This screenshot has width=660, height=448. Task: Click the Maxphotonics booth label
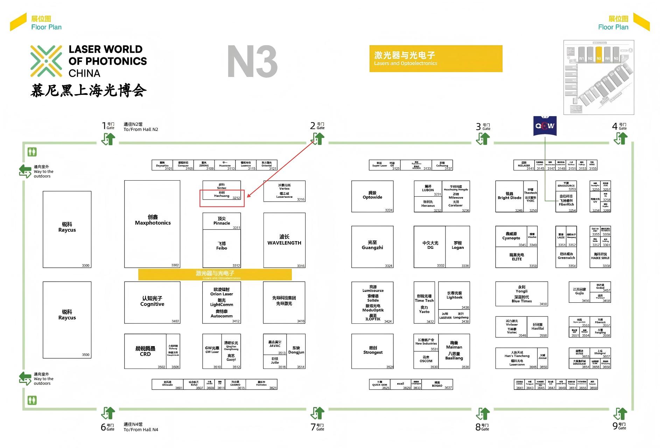point(153,223)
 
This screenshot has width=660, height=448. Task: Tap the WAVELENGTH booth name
point(284,243)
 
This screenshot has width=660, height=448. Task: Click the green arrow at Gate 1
point(109,139)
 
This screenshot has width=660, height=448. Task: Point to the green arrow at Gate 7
point(318,413)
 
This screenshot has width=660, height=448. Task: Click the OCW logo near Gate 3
point(545,126)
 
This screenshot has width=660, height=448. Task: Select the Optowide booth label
point(372,197)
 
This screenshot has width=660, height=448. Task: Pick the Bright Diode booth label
point(509,197)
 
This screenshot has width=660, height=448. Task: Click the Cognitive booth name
point(152,304)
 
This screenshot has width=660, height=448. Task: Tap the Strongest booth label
point(373,352)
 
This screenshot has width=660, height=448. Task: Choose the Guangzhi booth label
point(372,247)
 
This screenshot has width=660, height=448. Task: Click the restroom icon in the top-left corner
point(32,152)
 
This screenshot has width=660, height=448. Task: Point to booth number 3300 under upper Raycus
point(86,265)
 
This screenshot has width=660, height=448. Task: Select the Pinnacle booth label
point(222,223)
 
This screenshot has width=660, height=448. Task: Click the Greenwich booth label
point(566,258)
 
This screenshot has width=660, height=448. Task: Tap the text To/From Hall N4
point(141,429)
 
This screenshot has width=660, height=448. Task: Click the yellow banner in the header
point(436,58)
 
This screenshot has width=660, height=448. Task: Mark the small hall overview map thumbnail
point(598,77)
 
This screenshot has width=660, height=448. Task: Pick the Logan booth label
point(457,247)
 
